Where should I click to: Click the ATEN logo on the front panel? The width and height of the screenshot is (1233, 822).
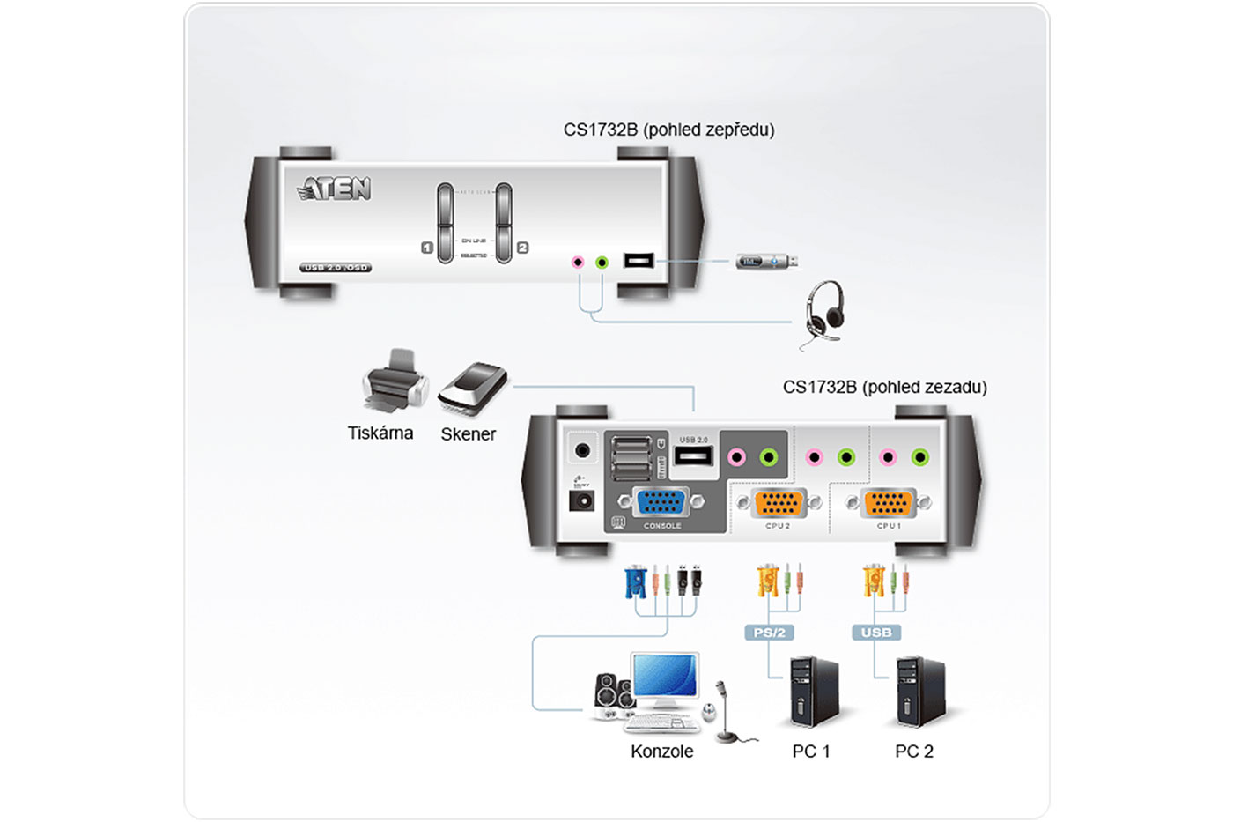(x=336, y=189)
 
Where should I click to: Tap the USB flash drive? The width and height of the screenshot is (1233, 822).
(x=767, y=262)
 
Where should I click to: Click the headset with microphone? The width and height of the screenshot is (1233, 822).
(x=823, y=313)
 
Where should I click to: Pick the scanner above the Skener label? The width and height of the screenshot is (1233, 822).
(x=474, y=388)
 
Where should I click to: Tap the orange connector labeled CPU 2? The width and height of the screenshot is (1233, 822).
(x=779, y=503)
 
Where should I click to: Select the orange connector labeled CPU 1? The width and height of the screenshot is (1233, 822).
(x=889, y=503)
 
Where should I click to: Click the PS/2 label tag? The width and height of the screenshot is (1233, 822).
(x=770, y=633)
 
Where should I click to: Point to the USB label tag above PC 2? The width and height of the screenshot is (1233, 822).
(x=876, y=633)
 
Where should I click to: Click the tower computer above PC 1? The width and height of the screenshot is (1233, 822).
(x=813, y=692)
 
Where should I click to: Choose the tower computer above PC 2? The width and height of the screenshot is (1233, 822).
(x=919, y=692)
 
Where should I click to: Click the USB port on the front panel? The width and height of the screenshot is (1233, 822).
(x=639, y=261)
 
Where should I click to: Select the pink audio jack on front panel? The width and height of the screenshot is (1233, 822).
(x=578, y=262)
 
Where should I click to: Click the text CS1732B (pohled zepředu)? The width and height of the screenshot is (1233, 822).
(x=668, y=130)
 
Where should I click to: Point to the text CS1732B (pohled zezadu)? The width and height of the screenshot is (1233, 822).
(x=884, y=387)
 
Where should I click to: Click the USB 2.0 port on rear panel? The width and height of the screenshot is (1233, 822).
(x=693, y=455)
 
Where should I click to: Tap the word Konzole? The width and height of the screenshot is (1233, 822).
(x=661, y=752)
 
